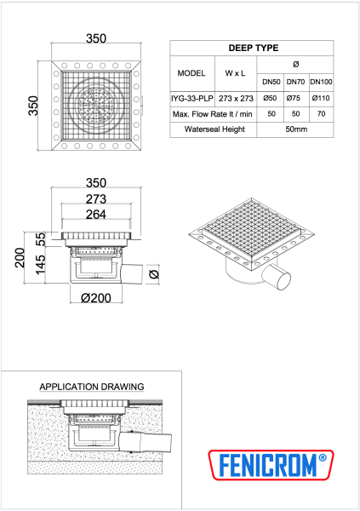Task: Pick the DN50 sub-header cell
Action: pos(271,82)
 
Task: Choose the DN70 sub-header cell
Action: pos(295,82)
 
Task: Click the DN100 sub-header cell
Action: pos(321,82)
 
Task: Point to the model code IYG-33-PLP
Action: pos(191,98)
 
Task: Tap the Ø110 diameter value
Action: pos(321,98)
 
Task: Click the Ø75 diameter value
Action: pos(295,98)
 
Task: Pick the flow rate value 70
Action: pos(321,113)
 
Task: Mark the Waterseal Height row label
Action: pos(209,129)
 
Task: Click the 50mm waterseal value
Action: pos(295,129)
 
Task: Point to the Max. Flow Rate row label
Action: pos(209,113)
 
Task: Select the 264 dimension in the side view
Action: pos(94,215)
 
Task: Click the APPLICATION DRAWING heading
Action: pos(92,386)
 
